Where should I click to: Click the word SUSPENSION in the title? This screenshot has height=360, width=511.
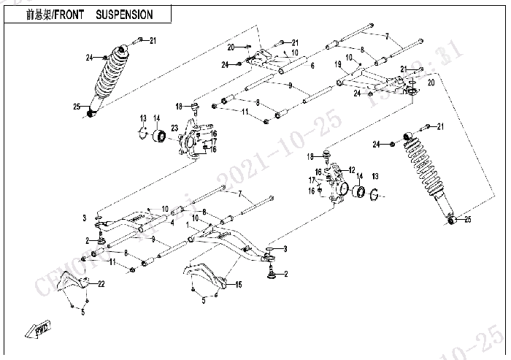125,14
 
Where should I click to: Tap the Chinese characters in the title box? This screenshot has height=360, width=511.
34,14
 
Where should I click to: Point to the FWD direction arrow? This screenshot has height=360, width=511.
36,330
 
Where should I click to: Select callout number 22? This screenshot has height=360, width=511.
102,283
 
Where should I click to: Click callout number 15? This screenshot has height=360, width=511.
239,285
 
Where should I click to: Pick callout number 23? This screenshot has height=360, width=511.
174,129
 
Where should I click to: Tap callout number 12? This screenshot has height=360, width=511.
352,169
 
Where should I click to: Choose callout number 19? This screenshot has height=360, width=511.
339,64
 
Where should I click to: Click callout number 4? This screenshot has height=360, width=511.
172,223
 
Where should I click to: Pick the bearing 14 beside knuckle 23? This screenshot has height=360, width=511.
158,137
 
